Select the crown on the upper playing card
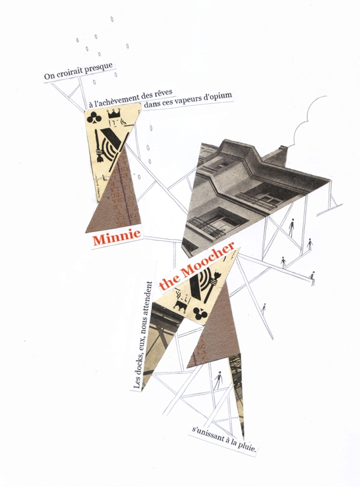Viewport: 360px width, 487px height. pos(114,114)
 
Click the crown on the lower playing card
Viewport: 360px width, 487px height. pos(180,306)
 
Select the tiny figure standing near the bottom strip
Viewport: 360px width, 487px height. pos(219,380)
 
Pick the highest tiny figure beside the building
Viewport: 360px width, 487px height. pos(291,227)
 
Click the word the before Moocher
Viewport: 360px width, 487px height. pos(169,281)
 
